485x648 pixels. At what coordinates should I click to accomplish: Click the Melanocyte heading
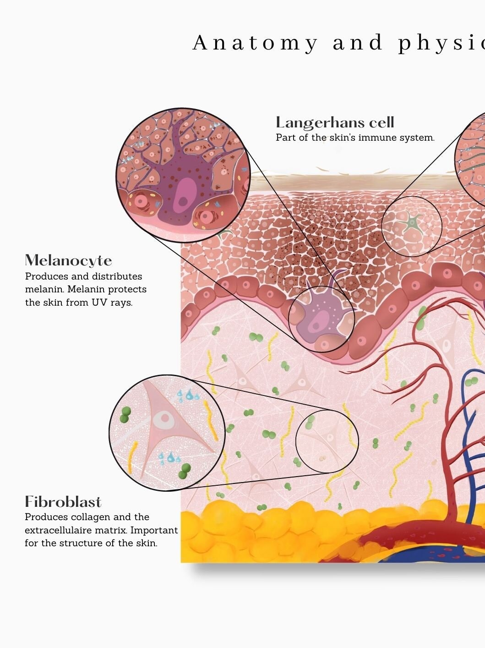[x=68, y=260]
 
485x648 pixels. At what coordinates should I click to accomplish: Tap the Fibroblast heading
[x=63, y=502]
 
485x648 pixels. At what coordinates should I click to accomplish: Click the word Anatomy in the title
[x=255, y=43]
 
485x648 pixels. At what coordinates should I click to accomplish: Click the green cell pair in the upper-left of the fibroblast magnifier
[x=125, y=414]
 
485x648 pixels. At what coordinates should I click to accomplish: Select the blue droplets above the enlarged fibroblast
[x=188, y=395]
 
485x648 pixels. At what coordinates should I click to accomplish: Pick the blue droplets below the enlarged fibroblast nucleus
[x=169, y=458]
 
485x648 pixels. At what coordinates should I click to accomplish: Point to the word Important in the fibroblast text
[x=154, y=531]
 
